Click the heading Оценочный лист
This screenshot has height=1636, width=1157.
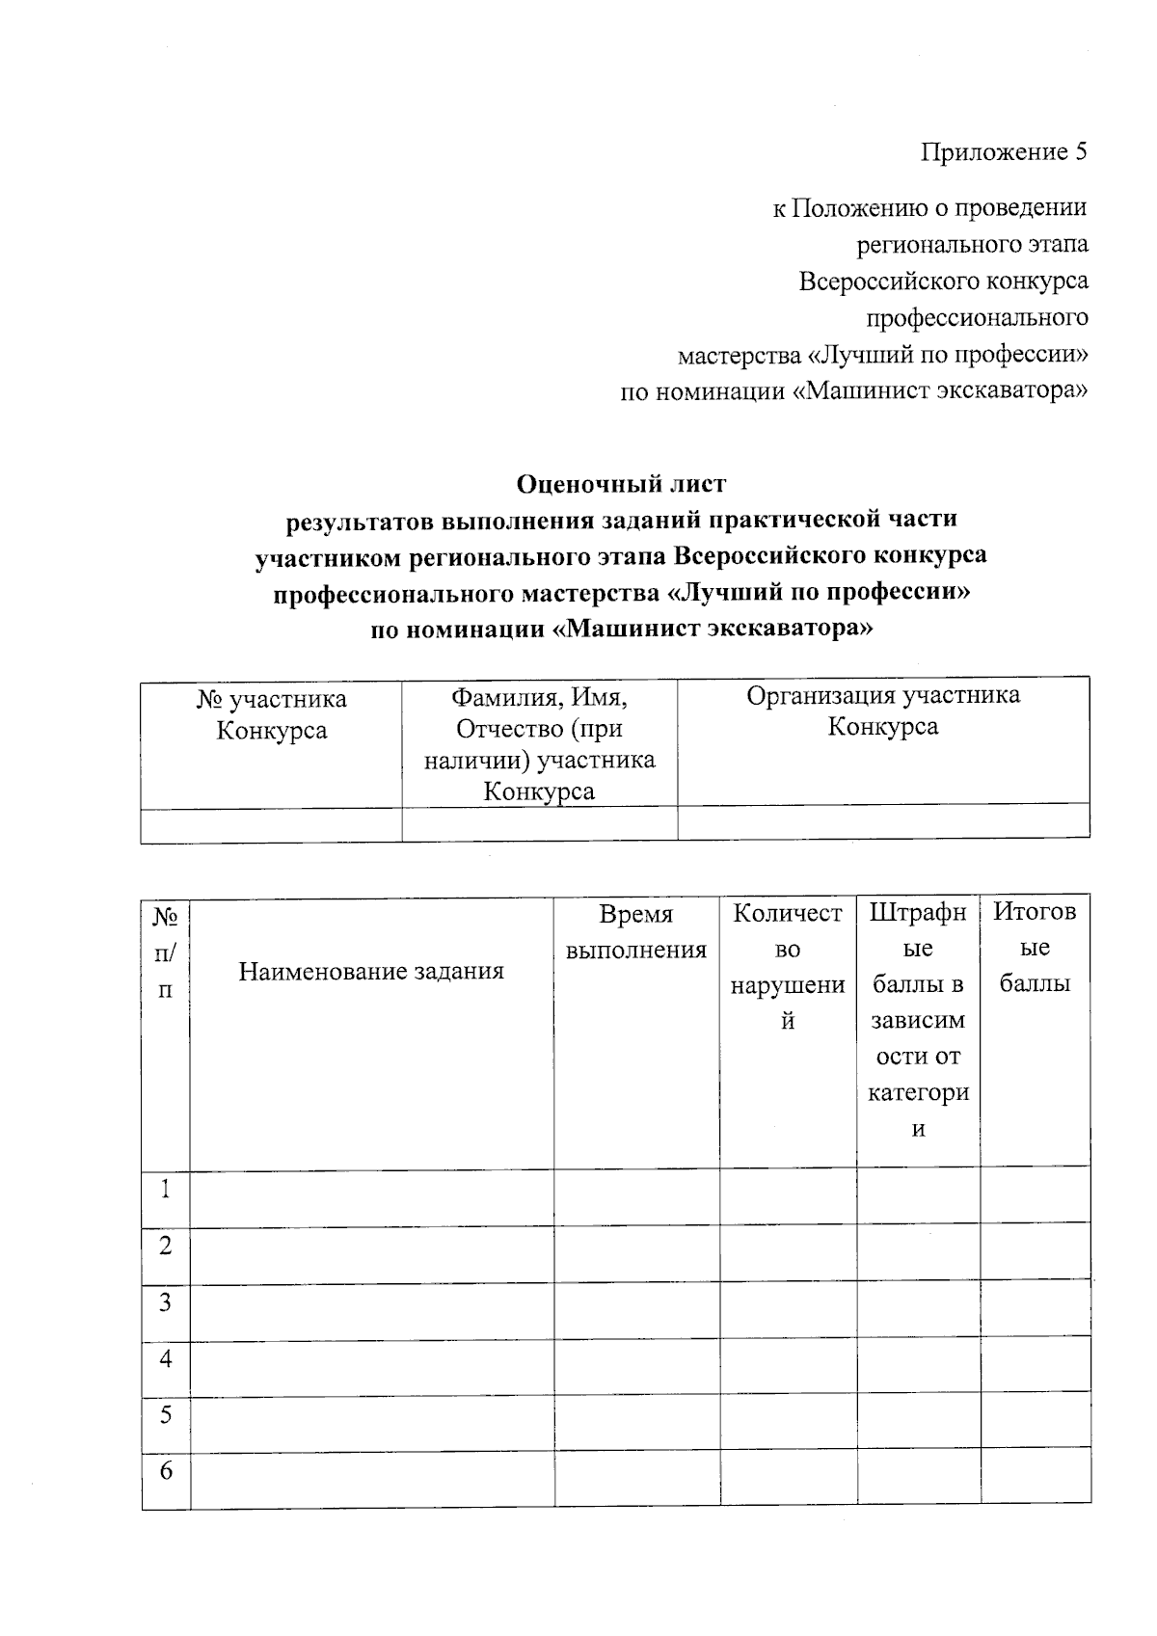point(621,481)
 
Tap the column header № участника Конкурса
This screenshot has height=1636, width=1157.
point(271,714)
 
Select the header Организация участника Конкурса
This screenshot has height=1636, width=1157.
point(882,711)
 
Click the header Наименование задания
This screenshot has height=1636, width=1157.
point(371,971)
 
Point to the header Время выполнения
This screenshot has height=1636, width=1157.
point(635,932)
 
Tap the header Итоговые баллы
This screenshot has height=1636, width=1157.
point(1035,948)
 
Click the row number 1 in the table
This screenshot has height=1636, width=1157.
point(166,1190)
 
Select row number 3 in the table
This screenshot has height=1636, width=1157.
point(166,1302)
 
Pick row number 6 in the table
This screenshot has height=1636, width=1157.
point(166,1471)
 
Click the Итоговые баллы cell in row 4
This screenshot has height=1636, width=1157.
point(1036,1364)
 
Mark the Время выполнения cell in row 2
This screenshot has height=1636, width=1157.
point(636,1254)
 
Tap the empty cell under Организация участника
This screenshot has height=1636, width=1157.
point(882,822)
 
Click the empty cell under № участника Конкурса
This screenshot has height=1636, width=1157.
point(271,824)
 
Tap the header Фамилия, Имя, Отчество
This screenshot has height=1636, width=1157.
point(539,743)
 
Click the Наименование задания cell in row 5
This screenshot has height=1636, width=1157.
point(371,1422)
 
